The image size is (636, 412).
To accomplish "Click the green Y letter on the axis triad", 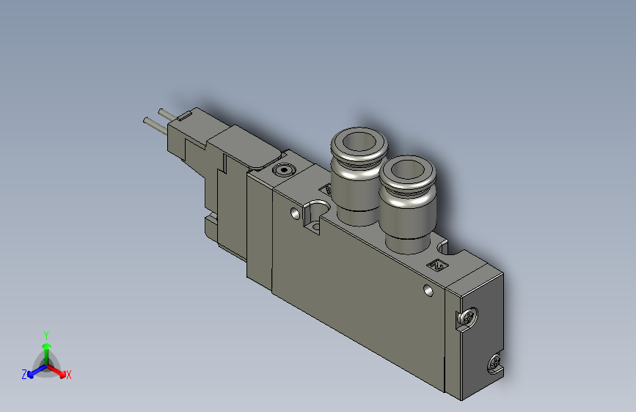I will pyautogui.click(x=46, y=334).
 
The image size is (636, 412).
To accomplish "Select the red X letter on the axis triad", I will pyautogui.click(x=68, y=375).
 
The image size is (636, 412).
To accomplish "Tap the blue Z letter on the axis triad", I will pyautogui.click(x=24, y=374).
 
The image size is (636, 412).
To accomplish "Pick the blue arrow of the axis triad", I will pyautogui.click(x=34, y=369).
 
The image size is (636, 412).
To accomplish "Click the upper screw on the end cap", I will pyautogui.click(x=467, y=318).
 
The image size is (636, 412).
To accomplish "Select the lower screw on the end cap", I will pyautogui.click(x=495, y=362).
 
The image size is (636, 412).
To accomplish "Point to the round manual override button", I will pyautogui.click(x=283, y=171).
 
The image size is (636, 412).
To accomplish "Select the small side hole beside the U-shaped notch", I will pyautogui.click(x=296, y=215).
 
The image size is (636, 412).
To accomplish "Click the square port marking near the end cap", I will pyautogui.click(x=438, y=265).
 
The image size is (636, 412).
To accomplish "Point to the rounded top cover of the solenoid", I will pyautogui.click(x=246, y=145).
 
